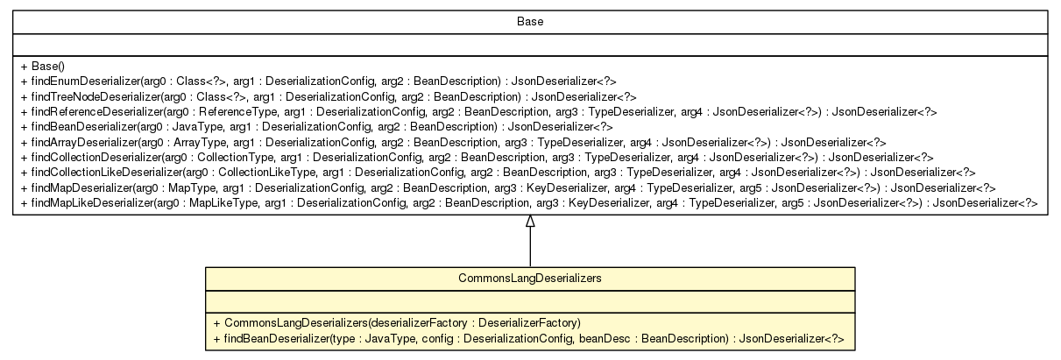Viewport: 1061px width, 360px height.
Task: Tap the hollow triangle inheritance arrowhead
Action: (529, 222)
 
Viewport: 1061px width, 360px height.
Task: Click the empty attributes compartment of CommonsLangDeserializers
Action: (529, 302)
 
